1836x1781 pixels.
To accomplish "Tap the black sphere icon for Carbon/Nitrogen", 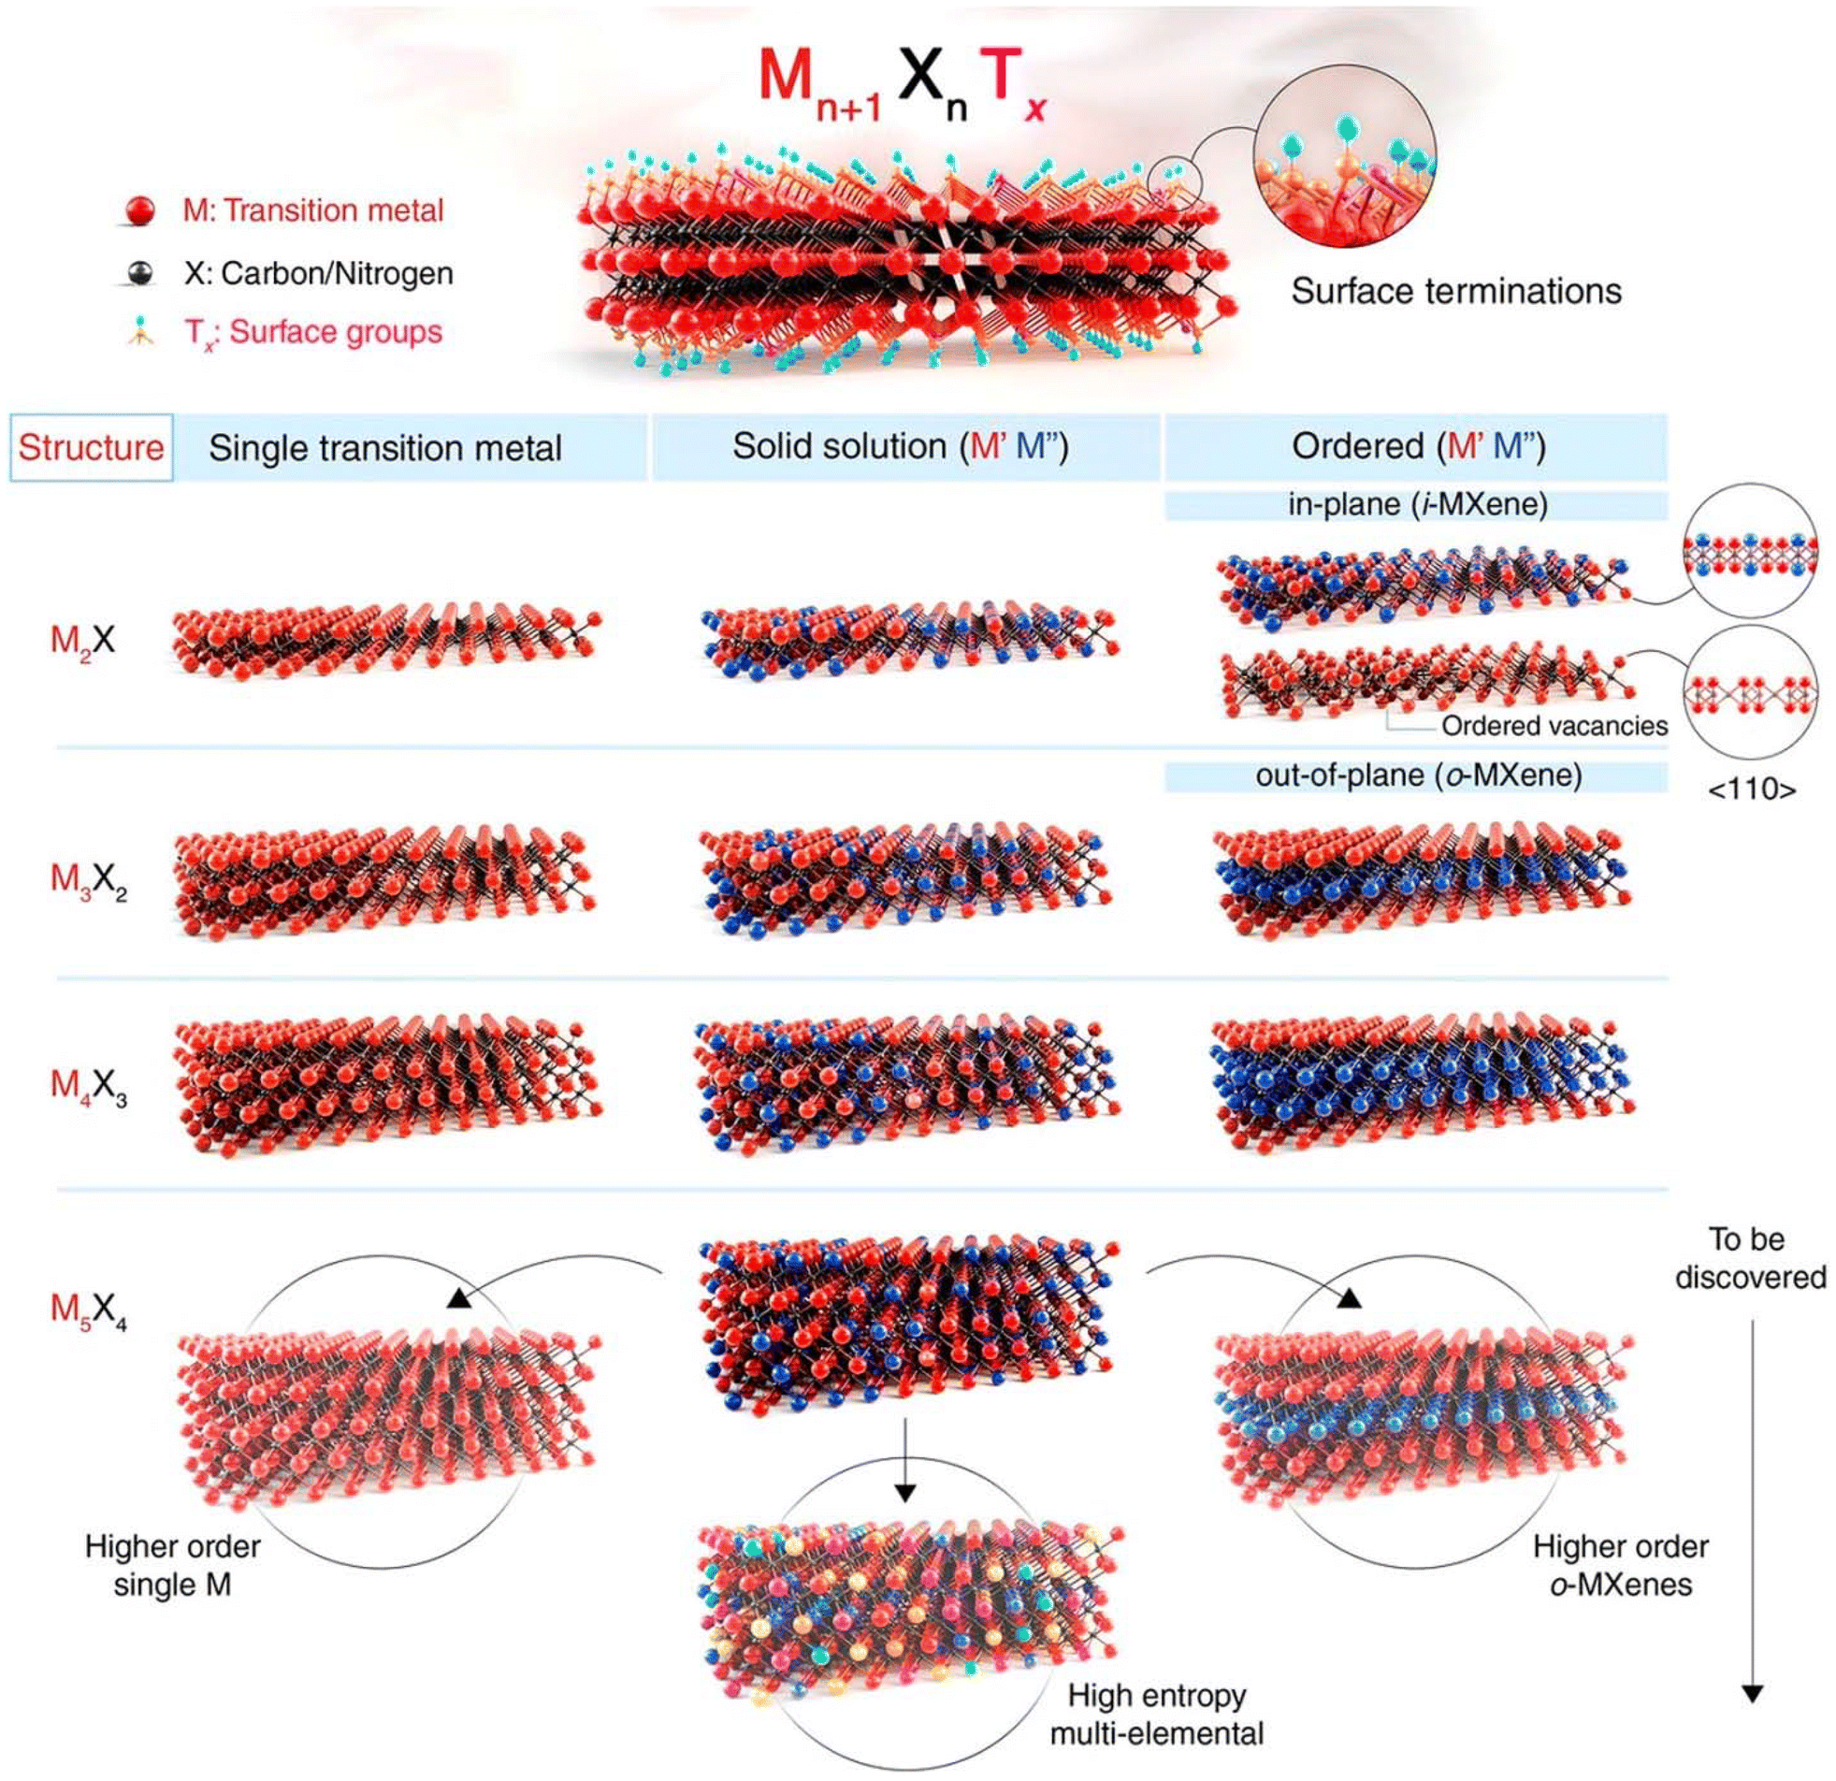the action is [141, 272].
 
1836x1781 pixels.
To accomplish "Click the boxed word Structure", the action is [91, 448].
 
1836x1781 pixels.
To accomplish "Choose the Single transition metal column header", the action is [385, 448].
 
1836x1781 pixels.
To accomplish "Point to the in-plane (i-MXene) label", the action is [1417, 505].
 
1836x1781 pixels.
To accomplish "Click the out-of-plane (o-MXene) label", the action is [1418, 775].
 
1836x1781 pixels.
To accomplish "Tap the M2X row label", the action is [83, 641].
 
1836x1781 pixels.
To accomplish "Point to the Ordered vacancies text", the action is [1554, 726].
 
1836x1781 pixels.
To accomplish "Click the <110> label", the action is [1752, 789].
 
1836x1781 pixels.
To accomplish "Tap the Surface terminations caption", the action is [1455, 291].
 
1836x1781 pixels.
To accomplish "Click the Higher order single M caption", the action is [172, 1566].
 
